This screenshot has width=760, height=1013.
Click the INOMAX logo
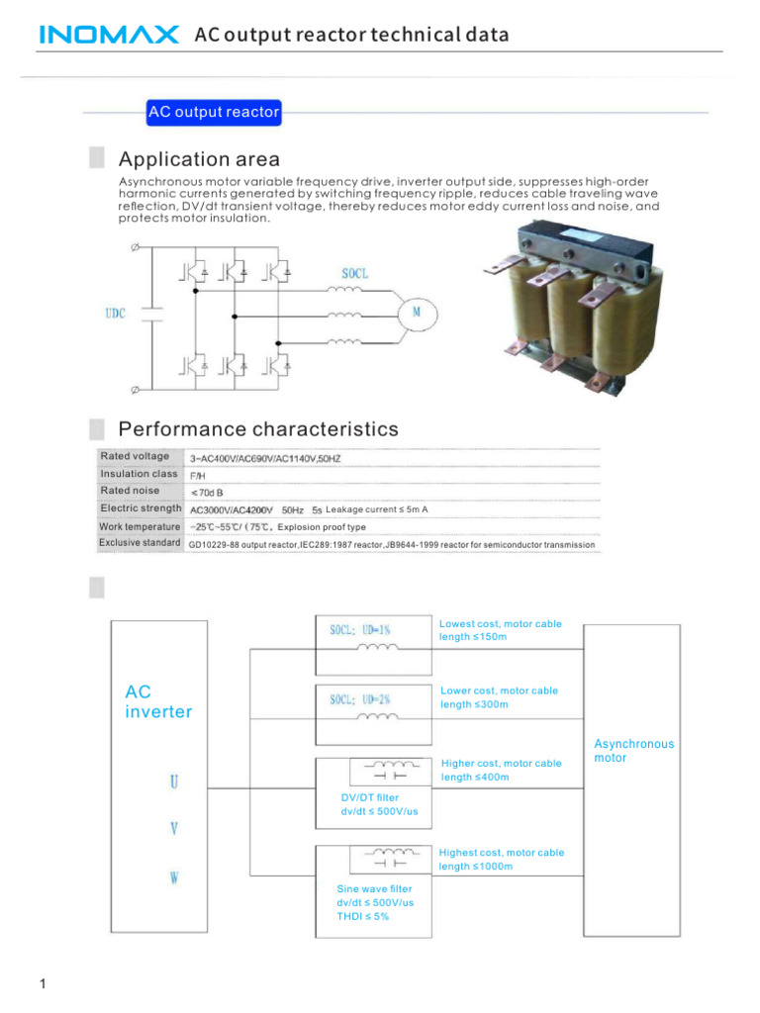tap(109, 36)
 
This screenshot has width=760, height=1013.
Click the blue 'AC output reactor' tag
tap(214, 113)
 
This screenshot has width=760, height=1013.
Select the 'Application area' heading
tap(199, 159)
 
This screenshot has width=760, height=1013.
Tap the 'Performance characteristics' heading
tap(258, 429)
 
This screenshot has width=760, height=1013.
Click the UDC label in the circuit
tap(115, 314)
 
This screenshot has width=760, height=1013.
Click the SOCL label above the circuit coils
tap(354, 272)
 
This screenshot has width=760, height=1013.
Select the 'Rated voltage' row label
tap(135, 456)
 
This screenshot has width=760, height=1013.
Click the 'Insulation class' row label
tap(139, 474)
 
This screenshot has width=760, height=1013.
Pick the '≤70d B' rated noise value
tap(207, 492)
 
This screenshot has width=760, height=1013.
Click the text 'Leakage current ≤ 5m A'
tap(376, 509)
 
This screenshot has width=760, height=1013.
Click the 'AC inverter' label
tap(158, 701)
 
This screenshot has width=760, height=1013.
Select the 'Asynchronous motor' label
tap(633, 751)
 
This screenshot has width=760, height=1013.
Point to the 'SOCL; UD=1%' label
tap(360, 629)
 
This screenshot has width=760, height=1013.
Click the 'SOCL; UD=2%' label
tap(360, 699)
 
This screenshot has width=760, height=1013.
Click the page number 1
tap(43, 984)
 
